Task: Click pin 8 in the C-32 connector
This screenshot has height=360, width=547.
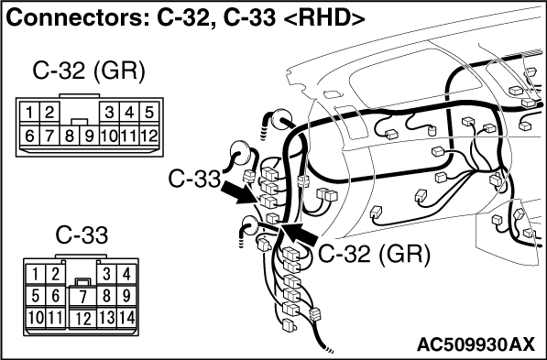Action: (x=70, y=136)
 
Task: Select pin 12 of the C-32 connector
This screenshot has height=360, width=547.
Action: (x=149, y=136)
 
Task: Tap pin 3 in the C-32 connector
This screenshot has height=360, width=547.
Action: (x=110, y=113)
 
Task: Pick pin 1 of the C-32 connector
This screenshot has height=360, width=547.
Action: (x=29, y=113)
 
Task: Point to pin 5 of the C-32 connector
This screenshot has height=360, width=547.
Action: (x=149, y=113)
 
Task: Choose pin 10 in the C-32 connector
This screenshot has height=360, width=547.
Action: (x=110, y=136)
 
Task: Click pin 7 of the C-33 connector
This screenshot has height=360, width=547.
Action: (x=82, y=297)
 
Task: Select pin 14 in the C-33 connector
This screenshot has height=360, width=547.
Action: (x=126, y=318)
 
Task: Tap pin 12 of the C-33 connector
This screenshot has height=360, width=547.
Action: (x=82, y=319)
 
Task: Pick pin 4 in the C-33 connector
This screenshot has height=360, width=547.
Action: (x=126, y=274)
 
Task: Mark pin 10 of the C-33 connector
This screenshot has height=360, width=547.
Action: (x=36, y=318)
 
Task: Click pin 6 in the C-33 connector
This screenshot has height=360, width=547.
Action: (x=56, y=297)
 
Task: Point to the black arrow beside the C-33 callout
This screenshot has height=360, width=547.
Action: (x=241, y=191)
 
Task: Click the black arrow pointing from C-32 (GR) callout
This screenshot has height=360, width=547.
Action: (x=299, y=235)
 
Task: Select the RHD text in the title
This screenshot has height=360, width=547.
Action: (x=323, y=17)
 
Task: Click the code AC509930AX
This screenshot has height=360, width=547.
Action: (x=476, y=345)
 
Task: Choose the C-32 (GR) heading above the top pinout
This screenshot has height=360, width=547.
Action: (x=88, y=71)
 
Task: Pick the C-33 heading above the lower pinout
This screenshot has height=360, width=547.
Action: (x=82, y=235)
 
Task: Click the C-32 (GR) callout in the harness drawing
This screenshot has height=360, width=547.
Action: (x=374, y=254)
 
